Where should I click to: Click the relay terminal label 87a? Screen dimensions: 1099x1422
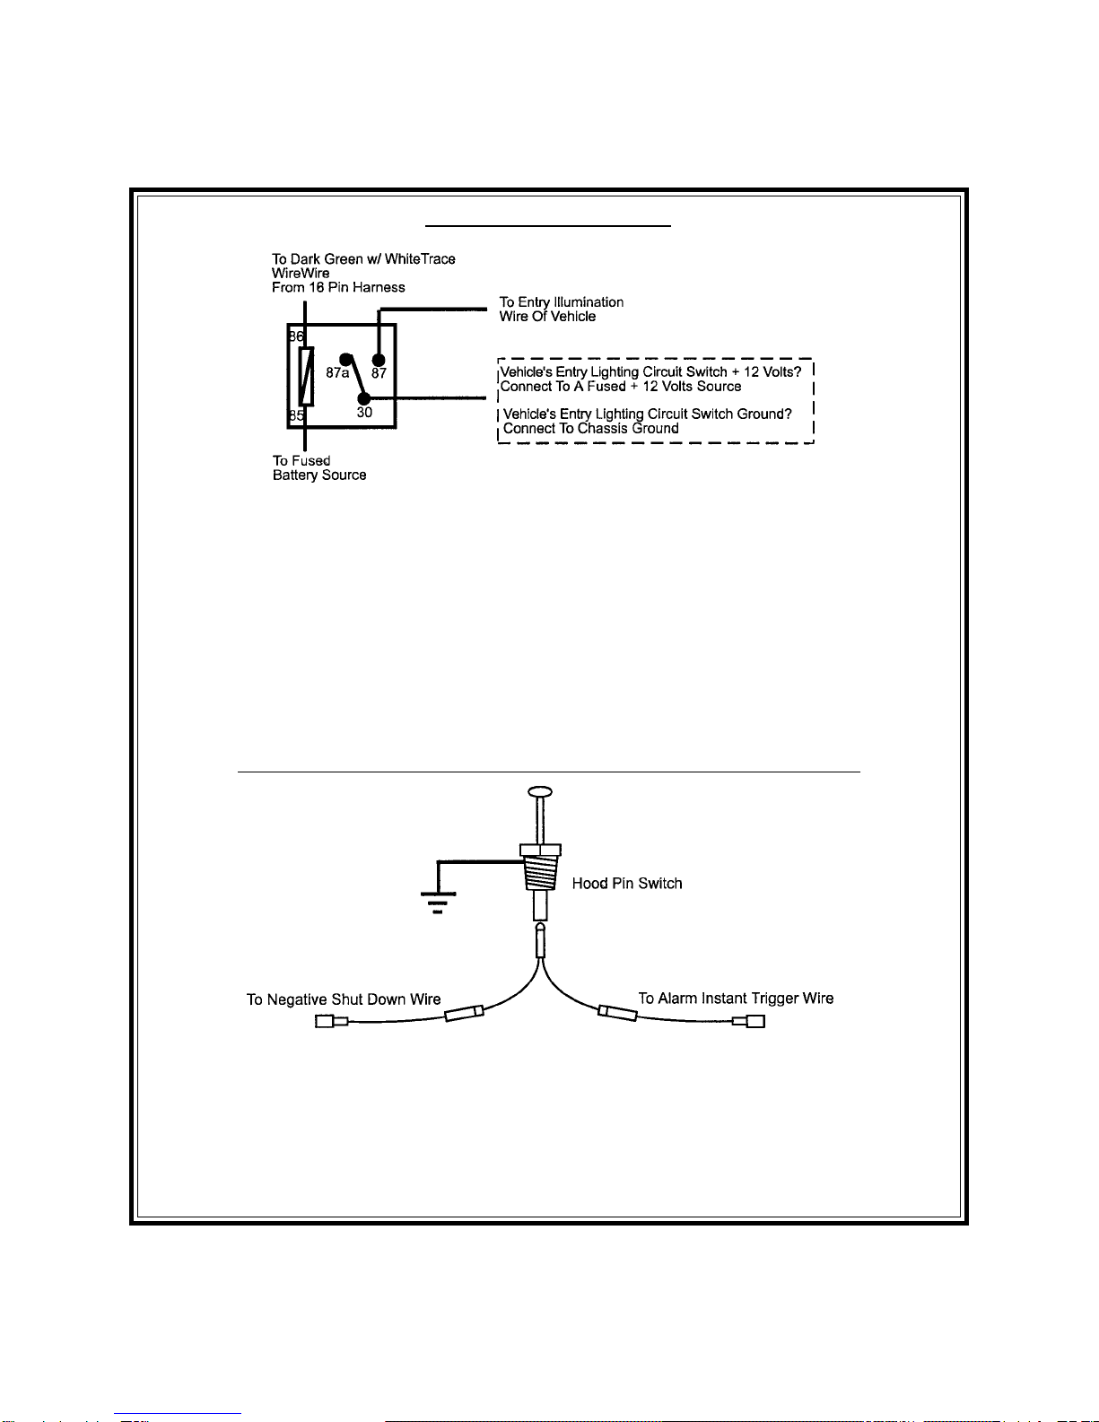point(336,372)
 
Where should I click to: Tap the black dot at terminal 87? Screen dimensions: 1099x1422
point(379,361)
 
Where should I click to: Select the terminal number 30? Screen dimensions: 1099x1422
point(364,413)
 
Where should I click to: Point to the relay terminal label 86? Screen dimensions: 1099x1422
point(296,336)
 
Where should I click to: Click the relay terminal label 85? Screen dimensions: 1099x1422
point(296,415)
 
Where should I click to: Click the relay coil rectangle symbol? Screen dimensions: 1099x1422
point(306,376)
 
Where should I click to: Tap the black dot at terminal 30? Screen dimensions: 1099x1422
point(363,398)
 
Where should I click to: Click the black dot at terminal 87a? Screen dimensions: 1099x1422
point(345,360)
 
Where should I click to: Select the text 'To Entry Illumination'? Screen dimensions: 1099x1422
point(562,302)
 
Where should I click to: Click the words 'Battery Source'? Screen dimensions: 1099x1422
point(319,475)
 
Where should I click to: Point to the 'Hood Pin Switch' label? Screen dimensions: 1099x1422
point(627,884)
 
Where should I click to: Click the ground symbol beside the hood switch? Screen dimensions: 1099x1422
point(438,899)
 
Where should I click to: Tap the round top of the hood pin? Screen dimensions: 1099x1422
point(539,792)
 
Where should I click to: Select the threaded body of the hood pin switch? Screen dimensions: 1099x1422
point(540,872)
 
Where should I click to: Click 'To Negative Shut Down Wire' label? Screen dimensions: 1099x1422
point(344,999)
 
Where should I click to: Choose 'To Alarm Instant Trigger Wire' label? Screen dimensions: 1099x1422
point(736,999)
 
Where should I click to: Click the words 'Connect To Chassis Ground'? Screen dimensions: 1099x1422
point(590,429)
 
